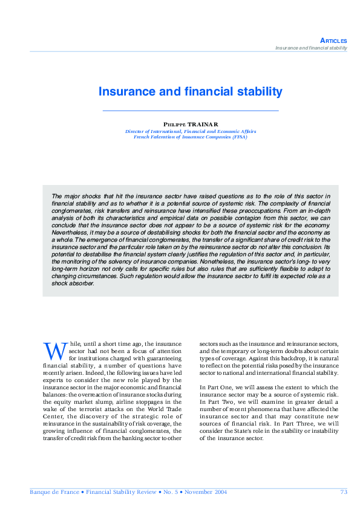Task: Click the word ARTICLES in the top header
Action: click(334, 41)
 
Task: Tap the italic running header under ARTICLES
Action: click(311, 48)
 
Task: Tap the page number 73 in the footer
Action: click(344, 492)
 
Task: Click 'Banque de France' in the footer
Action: click(54, 492)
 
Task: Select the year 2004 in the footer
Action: click(219, 492)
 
